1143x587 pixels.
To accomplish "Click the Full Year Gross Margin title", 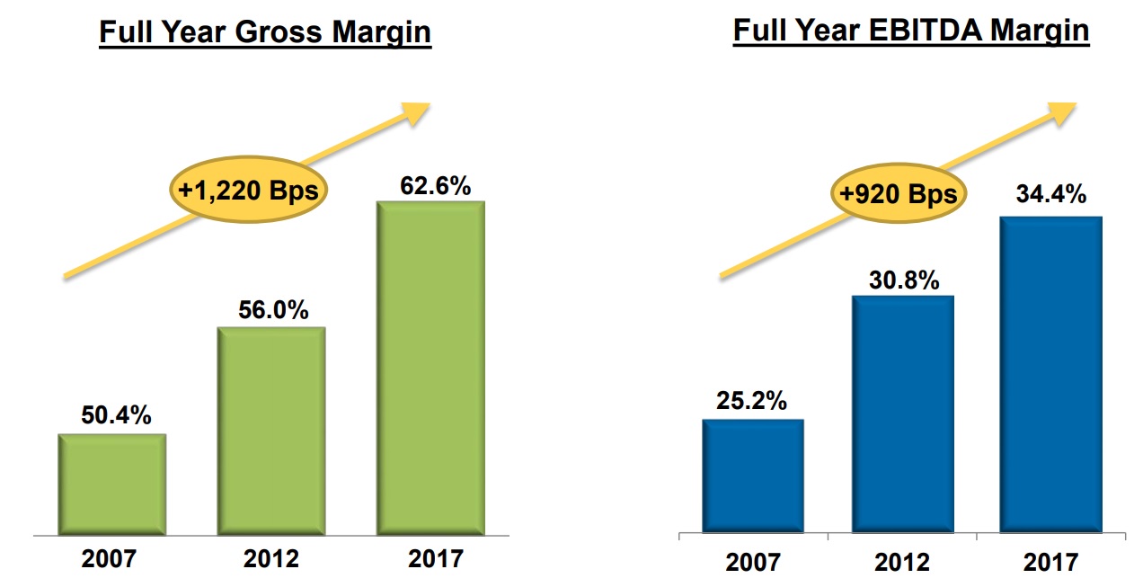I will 265,33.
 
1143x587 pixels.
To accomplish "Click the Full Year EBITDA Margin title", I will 911,31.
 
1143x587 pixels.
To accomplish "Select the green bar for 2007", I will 112,485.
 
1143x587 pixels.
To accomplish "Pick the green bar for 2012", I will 272,431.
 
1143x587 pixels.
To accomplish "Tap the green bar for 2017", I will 431,368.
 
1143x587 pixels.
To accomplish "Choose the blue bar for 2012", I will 902,413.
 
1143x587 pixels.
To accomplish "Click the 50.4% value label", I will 113,416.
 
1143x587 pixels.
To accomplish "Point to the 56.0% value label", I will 272,310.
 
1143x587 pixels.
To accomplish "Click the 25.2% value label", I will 753,401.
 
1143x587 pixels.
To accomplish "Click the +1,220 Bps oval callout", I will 249,191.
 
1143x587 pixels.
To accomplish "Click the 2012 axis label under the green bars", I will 272,558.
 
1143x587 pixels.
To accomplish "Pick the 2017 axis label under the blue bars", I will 1050,563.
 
